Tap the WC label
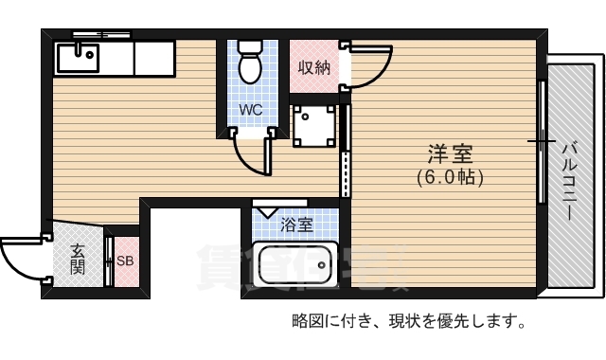coord(250,110)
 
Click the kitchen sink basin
coord(77,58)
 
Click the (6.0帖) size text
coord(450,177)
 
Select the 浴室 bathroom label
coord(296,225)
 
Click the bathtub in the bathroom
coord(294,265)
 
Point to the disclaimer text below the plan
coord(408,320)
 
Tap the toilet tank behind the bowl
coord(250,45)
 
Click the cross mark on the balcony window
coord(542,142)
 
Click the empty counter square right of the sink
coord(153,58)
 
